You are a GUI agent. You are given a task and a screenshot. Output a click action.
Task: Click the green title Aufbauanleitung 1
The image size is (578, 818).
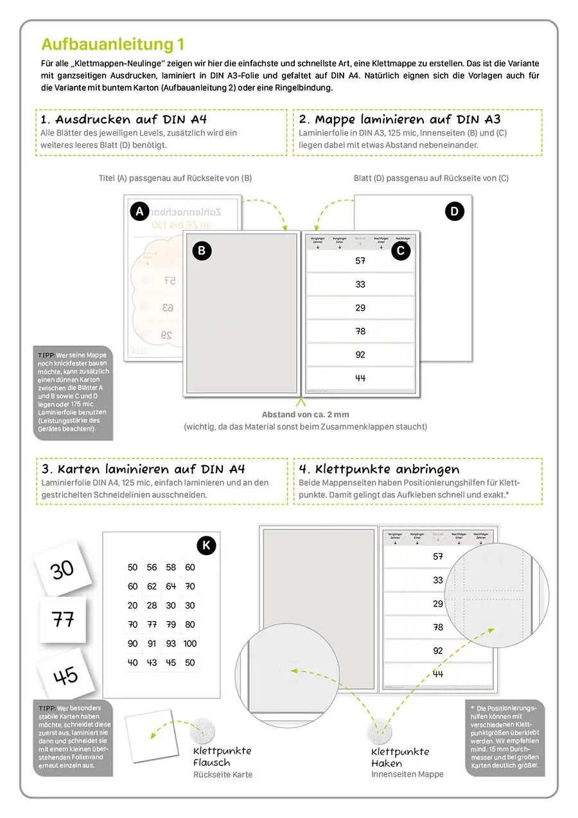click(x=112, y=44)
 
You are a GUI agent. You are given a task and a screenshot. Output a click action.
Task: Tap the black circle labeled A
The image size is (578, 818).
click(x=139, y=211)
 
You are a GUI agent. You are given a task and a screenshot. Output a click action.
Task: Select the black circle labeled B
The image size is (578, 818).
click(x=202, y=251)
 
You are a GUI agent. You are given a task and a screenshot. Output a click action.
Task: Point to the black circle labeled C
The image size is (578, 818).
click(x=401, y=251)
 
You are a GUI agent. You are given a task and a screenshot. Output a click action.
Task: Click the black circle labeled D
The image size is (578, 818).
click(x=454, y=211)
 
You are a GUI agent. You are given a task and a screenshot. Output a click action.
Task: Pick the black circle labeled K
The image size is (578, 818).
click(x=206, y=546)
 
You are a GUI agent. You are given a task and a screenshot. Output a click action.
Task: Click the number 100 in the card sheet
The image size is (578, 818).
click(x=190, y=643)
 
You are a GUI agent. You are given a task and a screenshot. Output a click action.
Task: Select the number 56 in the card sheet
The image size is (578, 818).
click(x=152, y=567)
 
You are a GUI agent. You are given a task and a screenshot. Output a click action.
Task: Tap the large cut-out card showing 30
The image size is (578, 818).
click(x=62, y=569)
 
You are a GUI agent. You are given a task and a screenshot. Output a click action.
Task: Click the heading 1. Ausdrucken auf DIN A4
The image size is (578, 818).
click(x=123, y=120)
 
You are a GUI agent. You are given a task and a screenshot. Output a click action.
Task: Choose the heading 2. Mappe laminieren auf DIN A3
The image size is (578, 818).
click(x=398, y=120)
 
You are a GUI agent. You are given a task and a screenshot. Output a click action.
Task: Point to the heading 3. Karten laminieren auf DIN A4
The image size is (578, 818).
click(x=143, y=469)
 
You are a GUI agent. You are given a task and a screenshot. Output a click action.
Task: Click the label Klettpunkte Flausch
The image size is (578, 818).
click(x=222, y=756)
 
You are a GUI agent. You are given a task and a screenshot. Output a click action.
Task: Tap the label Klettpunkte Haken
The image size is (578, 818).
click(x=400, y=758)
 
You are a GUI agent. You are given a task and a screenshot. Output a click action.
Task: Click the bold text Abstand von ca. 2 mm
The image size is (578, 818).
click(x=305, y=414)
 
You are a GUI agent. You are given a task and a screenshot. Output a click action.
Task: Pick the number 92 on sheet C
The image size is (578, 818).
click(x=360, y=354)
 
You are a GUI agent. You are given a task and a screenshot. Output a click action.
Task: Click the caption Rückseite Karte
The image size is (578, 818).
click(x=223, y=775)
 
